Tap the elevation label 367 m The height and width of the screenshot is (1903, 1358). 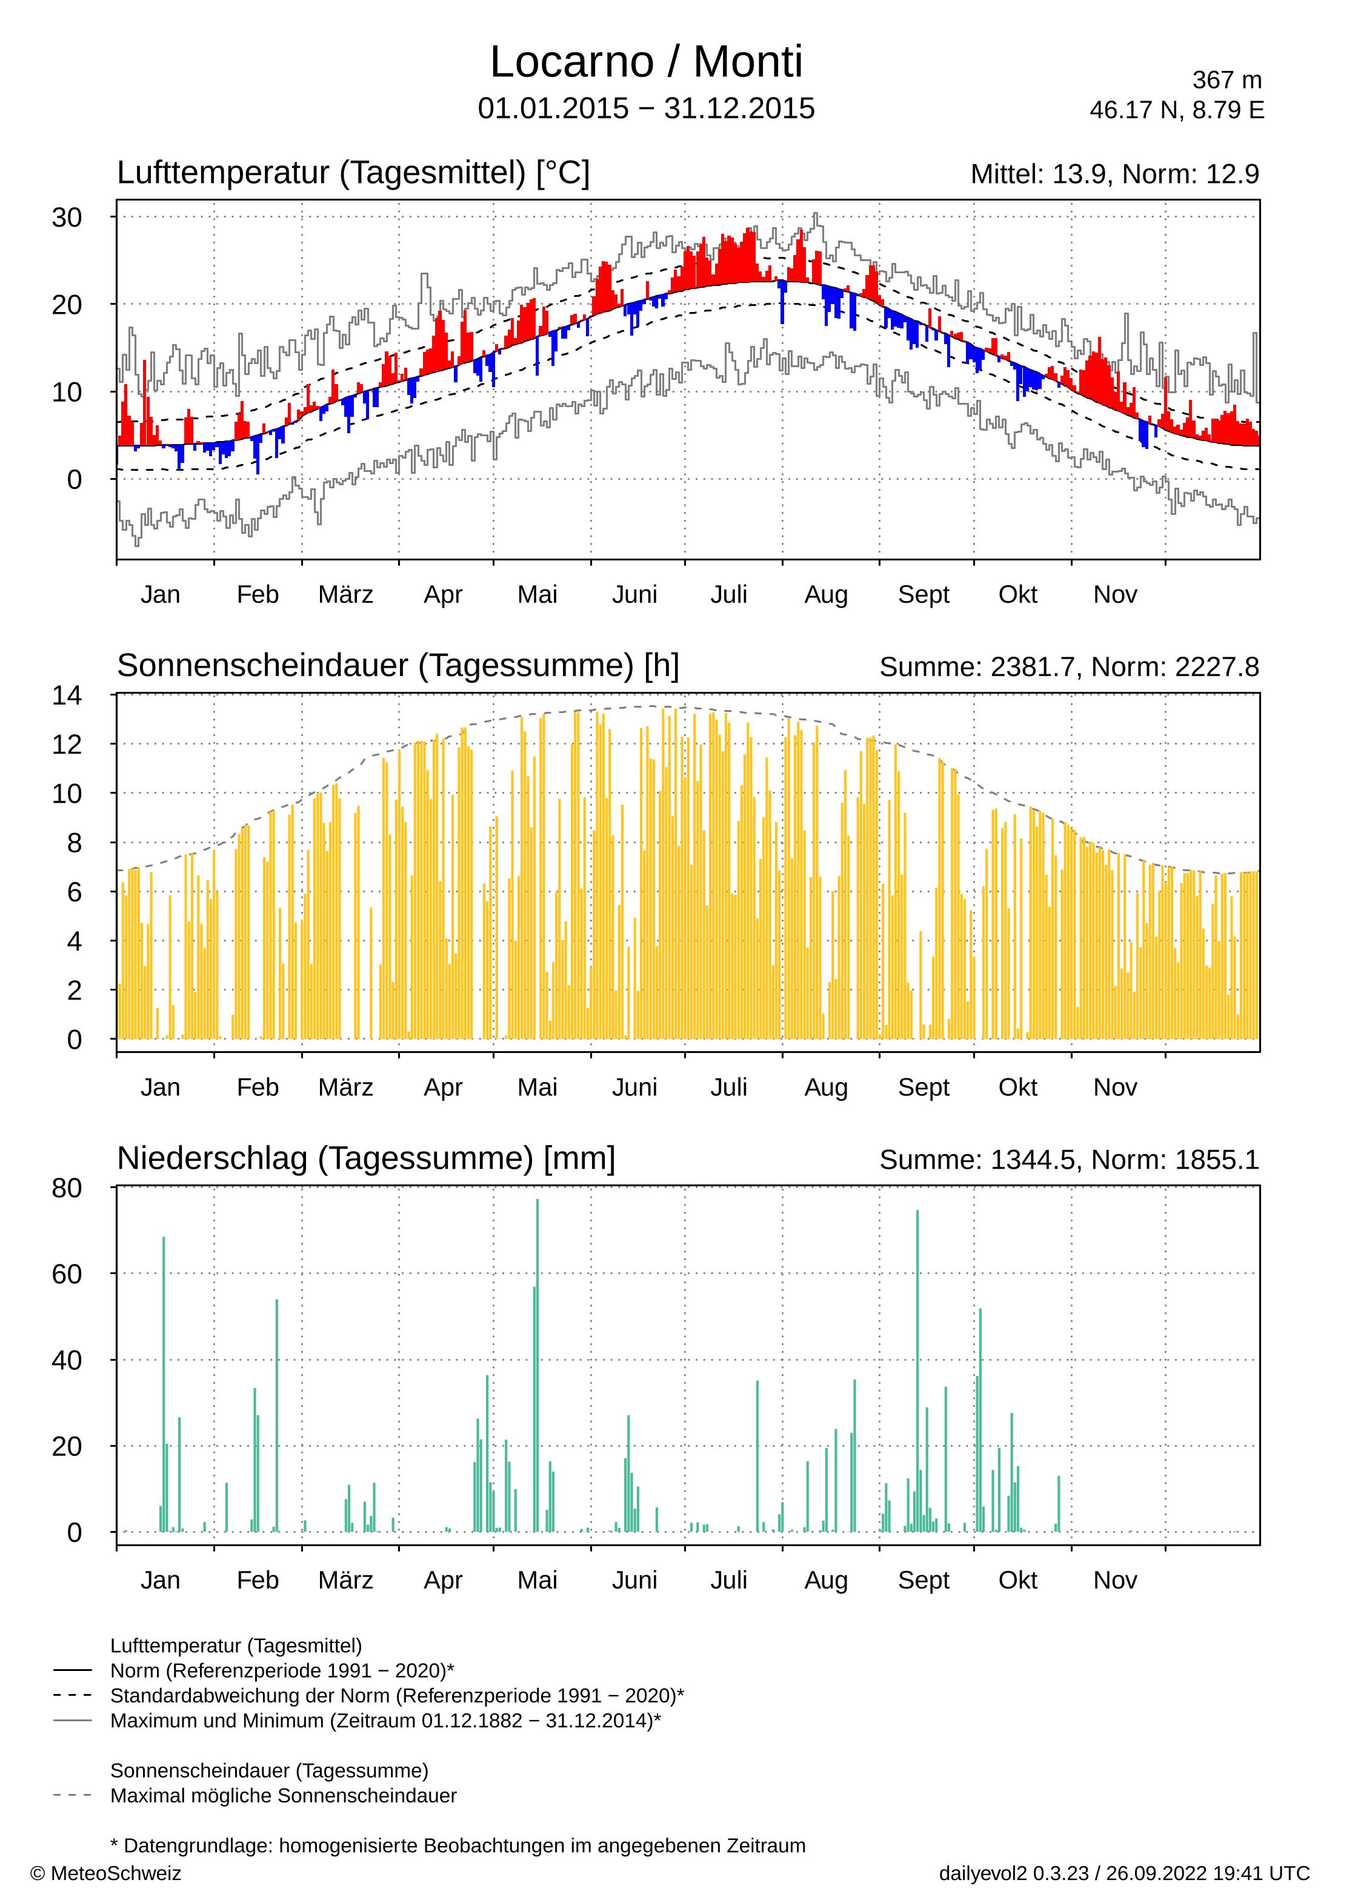1226,80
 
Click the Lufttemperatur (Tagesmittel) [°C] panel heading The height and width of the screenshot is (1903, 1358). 353,173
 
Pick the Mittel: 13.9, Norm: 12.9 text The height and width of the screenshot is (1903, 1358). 1114,174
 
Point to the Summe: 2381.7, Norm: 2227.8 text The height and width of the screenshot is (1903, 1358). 1069,667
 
